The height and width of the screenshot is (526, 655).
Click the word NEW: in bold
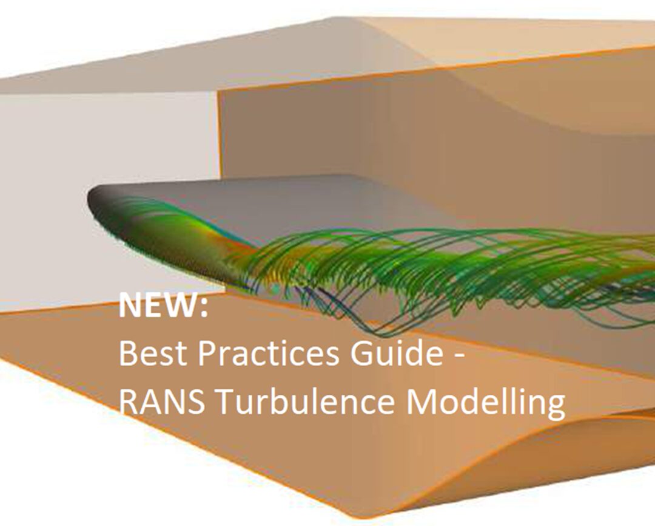[x=163, y=305]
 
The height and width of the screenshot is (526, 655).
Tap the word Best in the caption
[x=153, y=353]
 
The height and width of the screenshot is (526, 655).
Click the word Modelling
[x=485, y=403]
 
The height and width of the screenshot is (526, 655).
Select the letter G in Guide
[x=361, y=354]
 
